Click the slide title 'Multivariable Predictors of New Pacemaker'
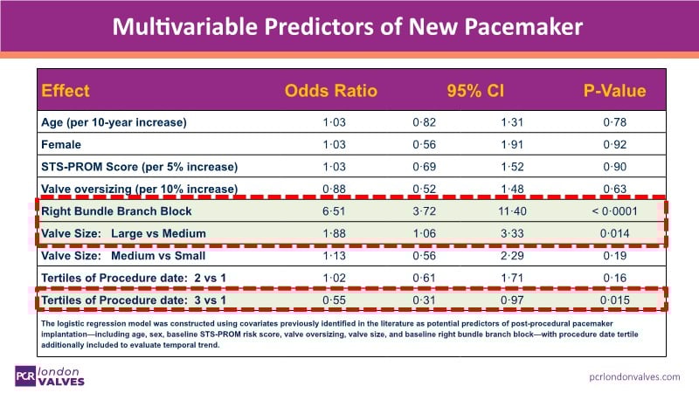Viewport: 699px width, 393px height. point(349,27)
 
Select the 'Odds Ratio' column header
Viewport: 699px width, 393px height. point(331,91)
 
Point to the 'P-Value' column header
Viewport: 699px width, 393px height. point(614,91)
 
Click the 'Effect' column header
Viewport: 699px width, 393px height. point(66,91)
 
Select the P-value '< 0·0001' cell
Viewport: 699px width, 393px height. point(614,211)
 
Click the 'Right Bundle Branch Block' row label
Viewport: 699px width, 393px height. point(116,211)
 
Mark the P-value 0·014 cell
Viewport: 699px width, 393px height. point(614,234)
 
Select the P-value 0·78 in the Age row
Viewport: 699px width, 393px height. point(614,121)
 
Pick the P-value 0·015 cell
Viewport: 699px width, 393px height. point(614,301)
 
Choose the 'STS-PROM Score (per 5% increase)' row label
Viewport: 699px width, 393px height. point(139,166)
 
